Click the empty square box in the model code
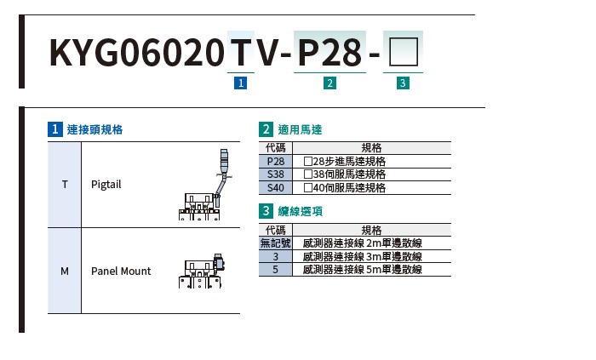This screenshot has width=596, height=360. point(404,54)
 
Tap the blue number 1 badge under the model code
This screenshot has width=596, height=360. point(240,83)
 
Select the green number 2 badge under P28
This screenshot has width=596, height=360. point(330,83)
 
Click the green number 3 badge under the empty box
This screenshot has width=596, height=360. point(404,83)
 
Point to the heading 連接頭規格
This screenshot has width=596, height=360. point(95,130)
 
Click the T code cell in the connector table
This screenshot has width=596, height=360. point(65,185)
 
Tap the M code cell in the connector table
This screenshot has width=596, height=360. point(65,271)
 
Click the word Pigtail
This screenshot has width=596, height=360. point(106,185)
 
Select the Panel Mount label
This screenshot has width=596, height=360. point(121,271)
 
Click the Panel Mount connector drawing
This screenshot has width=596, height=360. point(202,273)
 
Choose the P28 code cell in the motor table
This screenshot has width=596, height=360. point(275,161)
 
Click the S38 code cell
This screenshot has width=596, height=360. point(275,174)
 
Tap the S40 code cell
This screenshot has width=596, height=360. point(275,188)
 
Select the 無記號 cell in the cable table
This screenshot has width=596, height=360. point(275,243)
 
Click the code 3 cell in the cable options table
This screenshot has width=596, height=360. point(275,256)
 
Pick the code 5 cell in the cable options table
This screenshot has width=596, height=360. point(275,270)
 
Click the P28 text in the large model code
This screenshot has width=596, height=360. point(330,54)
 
